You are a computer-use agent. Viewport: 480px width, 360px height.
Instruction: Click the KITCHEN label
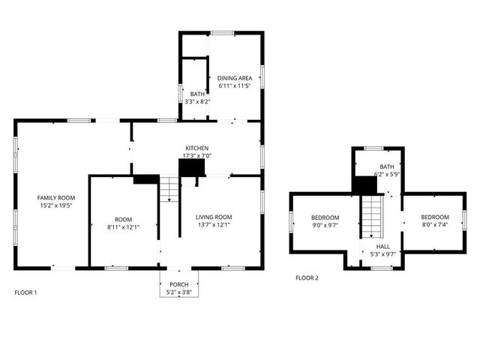click(x=197, y=148)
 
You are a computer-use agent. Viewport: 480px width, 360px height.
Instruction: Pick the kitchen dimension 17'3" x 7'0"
click(x=197, y=155)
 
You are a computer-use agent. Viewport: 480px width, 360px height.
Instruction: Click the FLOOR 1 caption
click(x=25, y=292)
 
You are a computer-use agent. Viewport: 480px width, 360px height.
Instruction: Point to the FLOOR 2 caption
click(x=307, y=277)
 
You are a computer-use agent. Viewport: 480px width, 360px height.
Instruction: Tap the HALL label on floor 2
click(x=383, y=246)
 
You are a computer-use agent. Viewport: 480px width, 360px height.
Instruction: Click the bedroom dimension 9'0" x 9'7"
click(x=325, y=224)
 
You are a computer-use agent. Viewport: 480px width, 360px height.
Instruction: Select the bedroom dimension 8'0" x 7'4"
click(x=434, y=224)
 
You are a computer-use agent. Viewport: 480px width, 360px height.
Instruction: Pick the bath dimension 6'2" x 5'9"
click(x=387, y=174)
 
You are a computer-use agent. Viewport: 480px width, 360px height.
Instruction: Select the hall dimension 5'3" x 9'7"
click(x=383, y=253)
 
